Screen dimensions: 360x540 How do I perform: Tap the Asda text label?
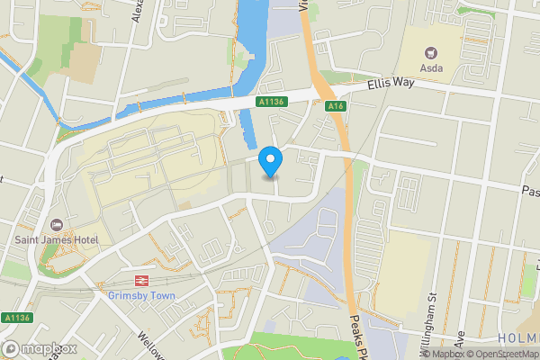pyautogui.click(x=430, y=70)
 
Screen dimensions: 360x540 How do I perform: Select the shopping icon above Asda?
pyautogui.click(x=430, y=53)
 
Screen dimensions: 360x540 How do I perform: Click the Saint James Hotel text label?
pyautogui.click(x=55, y=240)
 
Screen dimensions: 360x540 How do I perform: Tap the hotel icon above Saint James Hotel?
pyautogui.click(x=56, y=224)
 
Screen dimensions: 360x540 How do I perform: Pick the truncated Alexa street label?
pyautogui.click(x=138, y=13)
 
